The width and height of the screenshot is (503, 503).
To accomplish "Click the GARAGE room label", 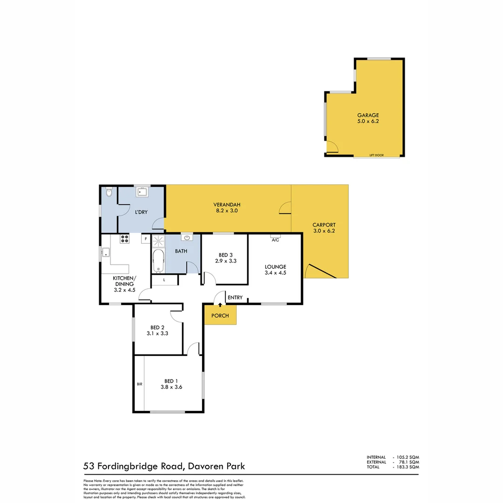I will point(368,115).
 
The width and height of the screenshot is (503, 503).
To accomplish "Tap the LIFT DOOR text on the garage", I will point(376,155).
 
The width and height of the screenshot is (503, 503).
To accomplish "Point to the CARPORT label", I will point(324,224).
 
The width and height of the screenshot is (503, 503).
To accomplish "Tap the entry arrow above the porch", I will point(220,304).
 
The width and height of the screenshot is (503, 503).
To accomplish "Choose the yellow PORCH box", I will point(220,315).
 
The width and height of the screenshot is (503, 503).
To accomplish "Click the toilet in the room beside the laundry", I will point(109,192).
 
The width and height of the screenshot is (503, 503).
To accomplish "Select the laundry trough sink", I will point(142,191).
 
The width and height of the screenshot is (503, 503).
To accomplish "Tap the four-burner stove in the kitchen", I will point(124,239).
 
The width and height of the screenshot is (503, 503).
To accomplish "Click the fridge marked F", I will point(145,239).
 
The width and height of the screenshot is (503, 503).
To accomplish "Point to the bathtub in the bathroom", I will point(159,261).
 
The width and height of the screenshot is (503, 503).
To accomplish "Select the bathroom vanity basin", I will point(188,238).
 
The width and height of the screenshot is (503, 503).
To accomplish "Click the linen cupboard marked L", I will point(164,280).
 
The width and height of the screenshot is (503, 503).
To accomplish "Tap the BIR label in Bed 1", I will point(139,384).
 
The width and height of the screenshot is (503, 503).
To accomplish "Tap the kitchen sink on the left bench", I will point(106,254).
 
